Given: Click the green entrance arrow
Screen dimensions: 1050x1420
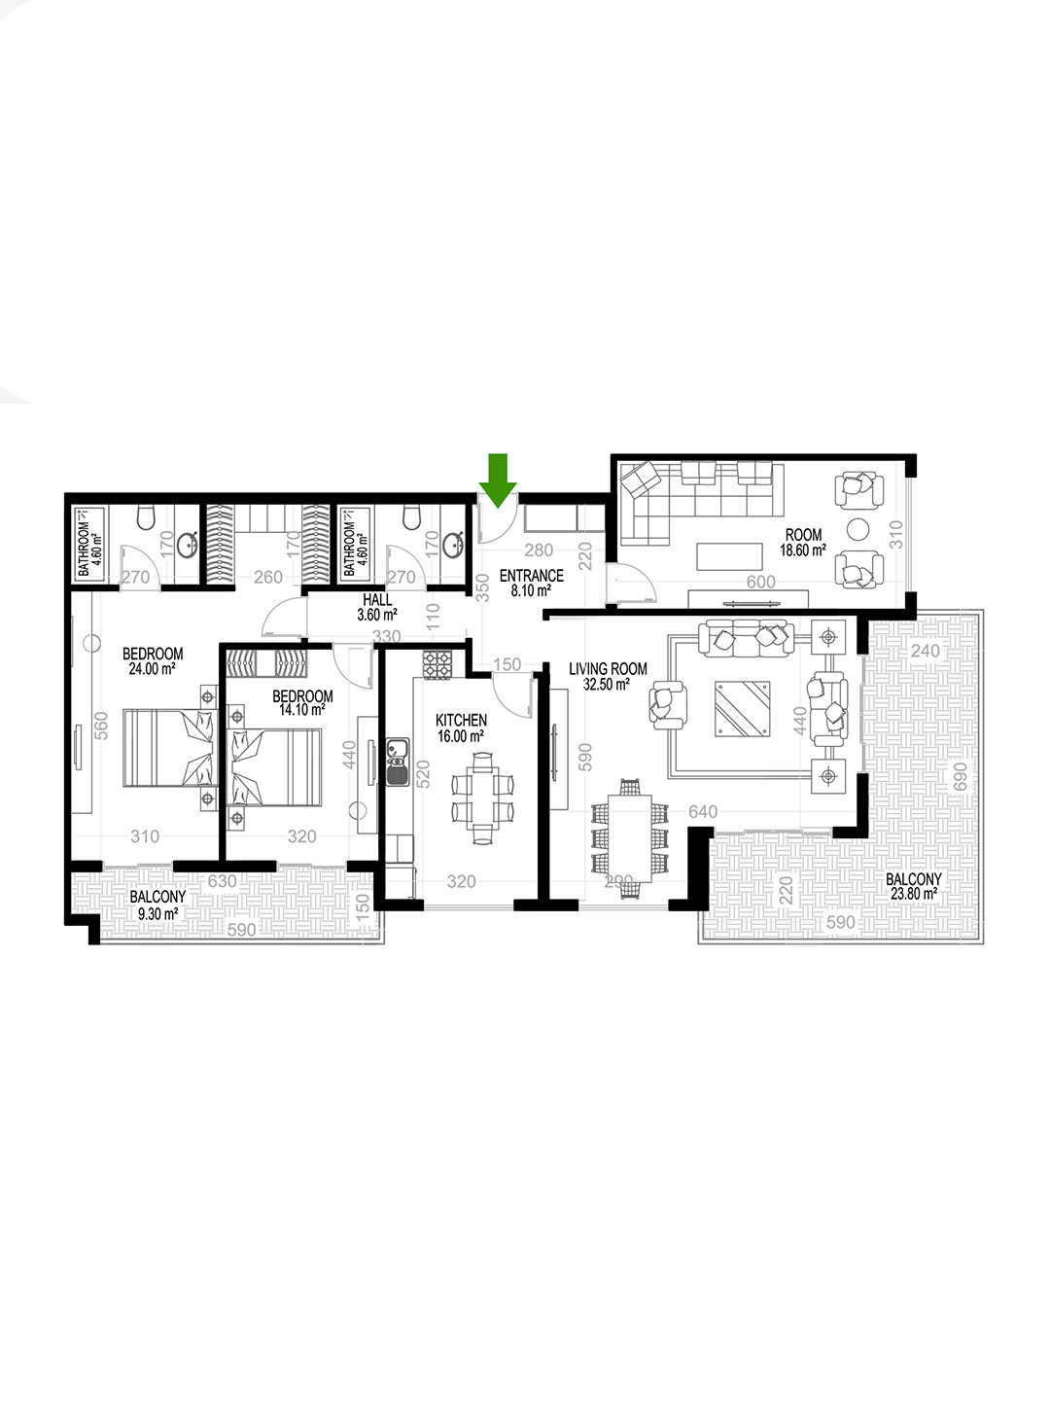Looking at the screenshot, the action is [x=498, y=480].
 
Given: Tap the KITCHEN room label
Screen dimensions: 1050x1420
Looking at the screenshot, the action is [x=461, y=721].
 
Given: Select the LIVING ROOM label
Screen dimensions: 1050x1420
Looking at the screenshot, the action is [x=608, y=669].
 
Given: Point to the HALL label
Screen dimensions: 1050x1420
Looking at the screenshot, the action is [x=377, y=600].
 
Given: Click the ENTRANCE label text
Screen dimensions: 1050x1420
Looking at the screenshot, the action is [x=532, y=576].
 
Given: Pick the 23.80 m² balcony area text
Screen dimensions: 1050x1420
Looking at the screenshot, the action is [x=914, y=893].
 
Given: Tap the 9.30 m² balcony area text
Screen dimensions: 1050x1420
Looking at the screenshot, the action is [x=157, y=913].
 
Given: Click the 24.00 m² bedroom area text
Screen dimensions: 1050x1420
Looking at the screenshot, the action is [x=152, y=669].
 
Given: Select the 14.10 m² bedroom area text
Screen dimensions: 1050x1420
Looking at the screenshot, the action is [x=302, y=710].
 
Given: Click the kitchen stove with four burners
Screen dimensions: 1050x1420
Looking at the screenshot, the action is [x=437, y=664].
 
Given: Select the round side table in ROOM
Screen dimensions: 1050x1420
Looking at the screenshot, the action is [x=857, y=529].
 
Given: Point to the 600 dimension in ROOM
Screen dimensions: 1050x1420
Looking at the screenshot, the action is [x=760, y=582].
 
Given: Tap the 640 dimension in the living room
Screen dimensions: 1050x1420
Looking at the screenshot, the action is [x=703, y=812].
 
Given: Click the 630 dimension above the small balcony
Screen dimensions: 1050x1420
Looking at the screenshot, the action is [x=223, y=881].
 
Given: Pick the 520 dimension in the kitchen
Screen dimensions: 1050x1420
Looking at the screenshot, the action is [x=423, y=773].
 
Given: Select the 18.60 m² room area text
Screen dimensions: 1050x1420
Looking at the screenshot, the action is [x=803, y=550].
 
